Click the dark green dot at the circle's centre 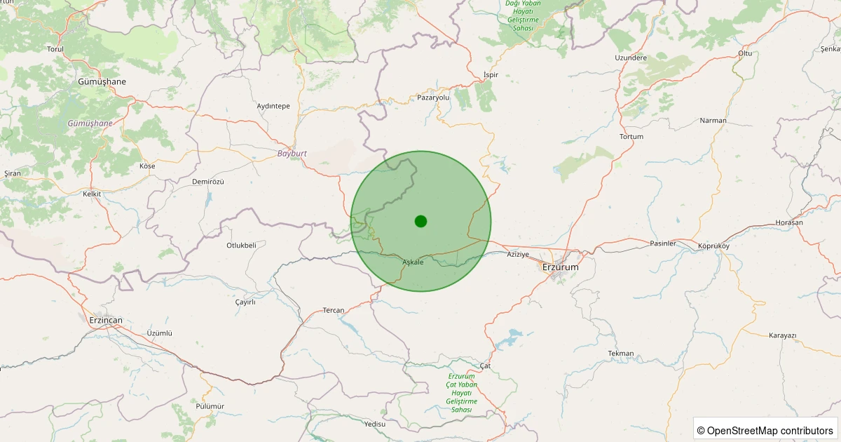coord(420,221)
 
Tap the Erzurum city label coord(561,267)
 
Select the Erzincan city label coord(106,320)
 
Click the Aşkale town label coord(413,262)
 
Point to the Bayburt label coord(292,152)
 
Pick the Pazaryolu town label coord(433,98)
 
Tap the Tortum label coord(631,136)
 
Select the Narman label coord(713,121)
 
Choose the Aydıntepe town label coord(273,106)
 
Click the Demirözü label coord(207,181)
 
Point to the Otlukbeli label coord(241,245)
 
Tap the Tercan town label coord(334,310)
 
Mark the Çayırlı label coord(245,302)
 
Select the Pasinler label coord(663,243)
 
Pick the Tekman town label coord(621,353)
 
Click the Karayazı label coord(783,335)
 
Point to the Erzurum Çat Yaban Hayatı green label coord(462,393)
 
